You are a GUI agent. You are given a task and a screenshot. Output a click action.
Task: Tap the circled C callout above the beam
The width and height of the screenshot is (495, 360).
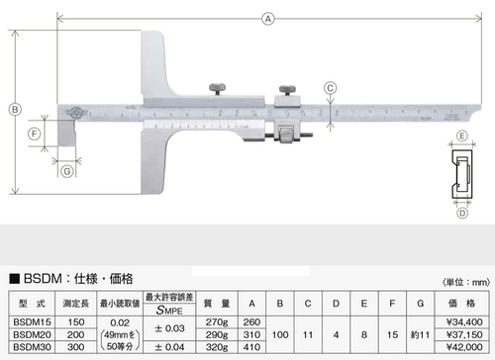(x=330, y=88)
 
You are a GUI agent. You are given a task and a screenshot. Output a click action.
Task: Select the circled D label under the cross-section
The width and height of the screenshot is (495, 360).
(x=462, y=211)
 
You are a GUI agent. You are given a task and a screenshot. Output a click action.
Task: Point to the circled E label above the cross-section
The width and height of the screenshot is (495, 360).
(x=462, y=135)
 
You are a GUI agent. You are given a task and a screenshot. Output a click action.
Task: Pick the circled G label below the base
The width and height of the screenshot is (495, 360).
(x=66, y=171)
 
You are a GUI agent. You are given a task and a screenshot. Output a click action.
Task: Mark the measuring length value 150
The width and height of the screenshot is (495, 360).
(x=75, y=321)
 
